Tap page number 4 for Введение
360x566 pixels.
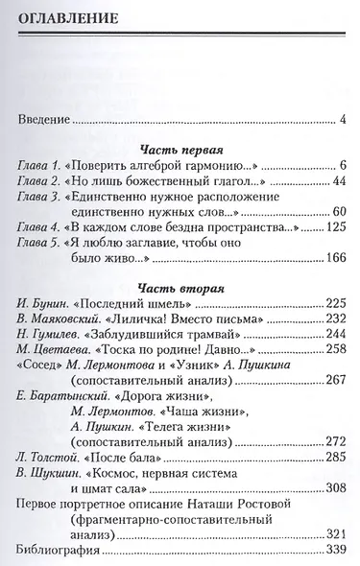pyautogui.click(x=343, y=120)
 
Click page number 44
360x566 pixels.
pyautogui.click(x=337, y=183)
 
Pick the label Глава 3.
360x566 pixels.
pyautogui.click(x=41, y=200)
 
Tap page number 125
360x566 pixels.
pyautogui.click(x=334, y=231)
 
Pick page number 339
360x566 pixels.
pyautogui.click(x=334, y=553)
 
